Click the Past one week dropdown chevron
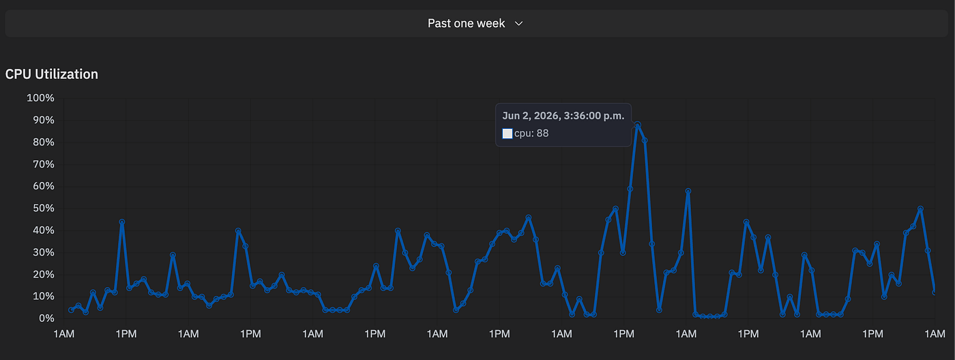pyautogui.click(x=519, y=24)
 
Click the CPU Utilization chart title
pyautogui.click(x=52, y=74)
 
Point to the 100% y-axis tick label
pyautogui.click(x=40, y=98)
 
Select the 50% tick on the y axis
pyautogui.click(x=44, y=209)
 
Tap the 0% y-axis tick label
pyautogui.click(x=46, y=318)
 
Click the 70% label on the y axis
pyautogui.click(x=44, y=164)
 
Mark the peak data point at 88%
pyautogui.click(x=637, y=125)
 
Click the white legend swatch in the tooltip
pyautogui.click(x=508, y=134)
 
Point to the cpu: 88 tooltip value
pyautogui.click(x=531, y=134)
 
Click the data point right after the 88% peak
pyautogui.click(x=645, y=140)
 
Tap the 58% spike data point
pyautogui.click(x=688, y=192)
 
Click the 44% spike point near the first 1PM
pyautogui.click(x=122, y=222)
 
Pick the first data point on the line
pyautogui.click(x=71, y=310)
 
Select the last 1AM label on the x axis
pyautogui.click(x=935, y=334)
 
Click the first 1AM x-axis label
pyautogui.click(x=64, y=334)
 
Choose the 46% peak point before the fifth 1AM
pyautogui.click(x=529, y=217)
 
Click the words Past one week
pyautogui.click(x=466, y=23)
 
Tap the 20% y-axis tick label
pyautogui.click(x=44, y=274)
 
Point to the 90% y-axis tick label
pyautogui.click(x=44, y=120)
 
